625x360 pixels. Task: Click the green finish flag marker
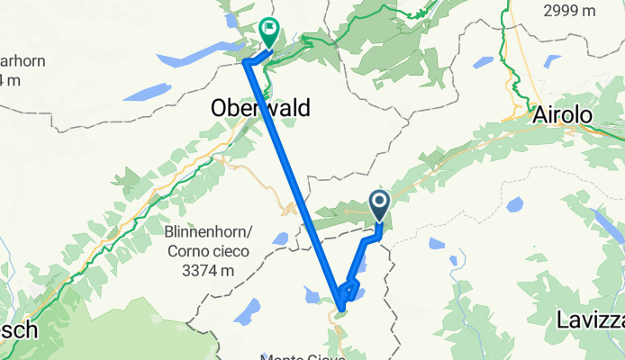(268, 31)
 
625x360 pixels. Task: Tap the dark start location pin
(379, 203)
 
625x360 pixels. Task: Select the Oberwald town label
(260, 109)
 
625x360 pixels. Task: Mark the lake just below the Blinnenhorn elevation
(246, 310)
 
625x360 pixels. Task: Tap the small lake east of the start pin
(437, 244)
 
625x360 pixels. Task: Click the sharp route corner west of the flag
(245, 61)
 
